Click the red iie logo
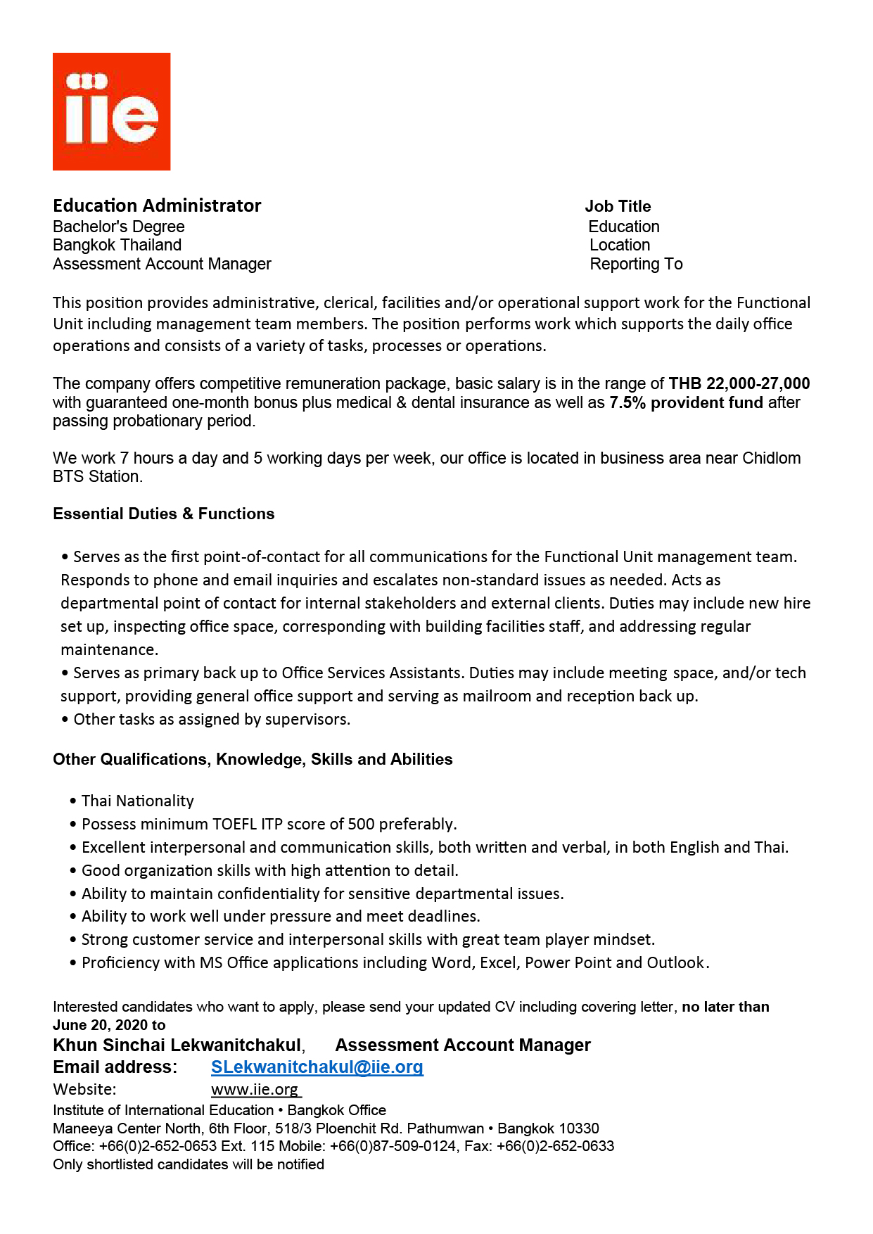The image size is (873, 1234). coord(111,111)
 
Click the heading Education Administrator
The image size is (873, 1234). coord(157,205)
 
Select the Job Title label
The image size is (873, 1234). coord(618,206)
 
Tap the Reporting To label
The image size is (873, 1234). coord(636,264)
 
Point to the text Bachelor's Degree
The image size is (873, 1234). coord(119,227)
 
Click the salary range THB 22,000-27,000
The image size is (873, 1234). coord(739,383)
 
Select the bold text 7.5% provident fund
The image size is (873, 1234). coord(686,402)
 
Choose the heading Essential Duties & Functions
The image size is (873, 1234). coord(163,514)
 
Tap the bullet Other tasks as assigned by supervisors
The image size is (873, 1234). coord(211,719)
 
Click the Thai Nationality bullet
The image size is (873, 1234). coord(137,801)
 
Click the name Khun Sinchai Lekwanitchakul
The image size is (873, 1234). coord(177,1045)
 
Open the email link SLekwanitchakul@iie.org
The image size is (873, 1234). coord(317,1067)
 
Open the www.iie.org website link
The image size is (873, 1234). coord(255,1090)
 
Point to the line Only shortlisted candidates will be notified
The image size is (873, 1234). coord(189,1164)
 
